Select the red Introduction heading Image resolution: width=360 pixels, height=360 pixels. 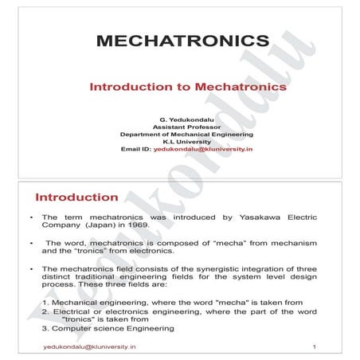[x=76, y=197]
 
